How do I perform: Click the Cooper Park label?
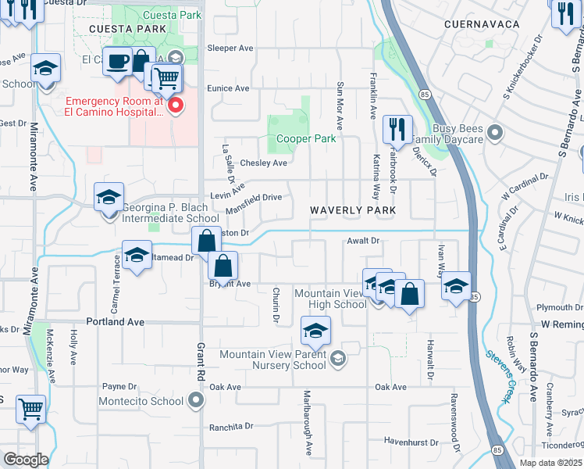306,138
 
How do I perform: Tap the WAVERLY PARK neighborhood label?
353,211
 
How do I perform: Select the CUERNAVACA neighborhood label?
482,24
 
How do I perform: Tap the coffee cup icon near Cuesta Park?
118,62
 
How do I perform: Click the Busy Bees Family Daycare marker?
493,133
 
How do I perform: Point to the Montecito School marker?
195,401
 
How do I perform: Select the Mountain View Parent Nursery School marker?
337,360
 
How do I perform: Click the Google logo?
26,459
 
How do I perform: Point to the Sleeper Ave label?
230,48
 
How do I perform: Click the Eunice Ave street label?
228,88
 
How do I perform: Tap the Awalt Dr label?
363,242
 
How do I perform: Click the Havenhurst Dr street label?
411,442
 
